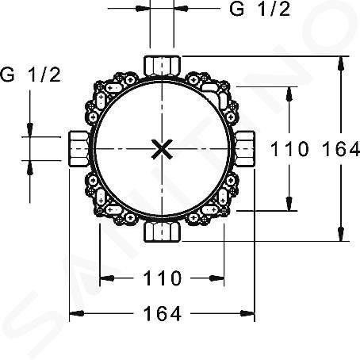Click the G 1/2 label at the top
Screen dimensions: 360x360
[x=260, y=10]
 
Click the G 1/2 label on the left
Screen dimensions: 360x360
[x=30, y=75]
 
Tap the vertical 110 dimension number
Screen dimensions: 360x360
[x=289, y=149]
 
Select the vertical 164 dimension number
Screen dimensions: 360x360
[x=341, y=149]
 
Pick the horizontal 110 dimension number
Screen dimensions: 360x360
[x=163, y=278]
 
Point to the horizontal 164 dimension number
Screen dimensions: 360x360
[x=163, y=313]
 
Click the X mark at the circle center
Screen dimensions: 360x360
[x=162, y=149]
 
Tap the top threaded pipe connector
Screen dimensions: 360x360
[x=162, y=65]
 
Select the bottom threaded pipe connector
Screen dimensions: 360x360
[x=162, y=232]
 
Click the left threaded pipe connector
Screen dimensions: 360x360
[x=79, y=149]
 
